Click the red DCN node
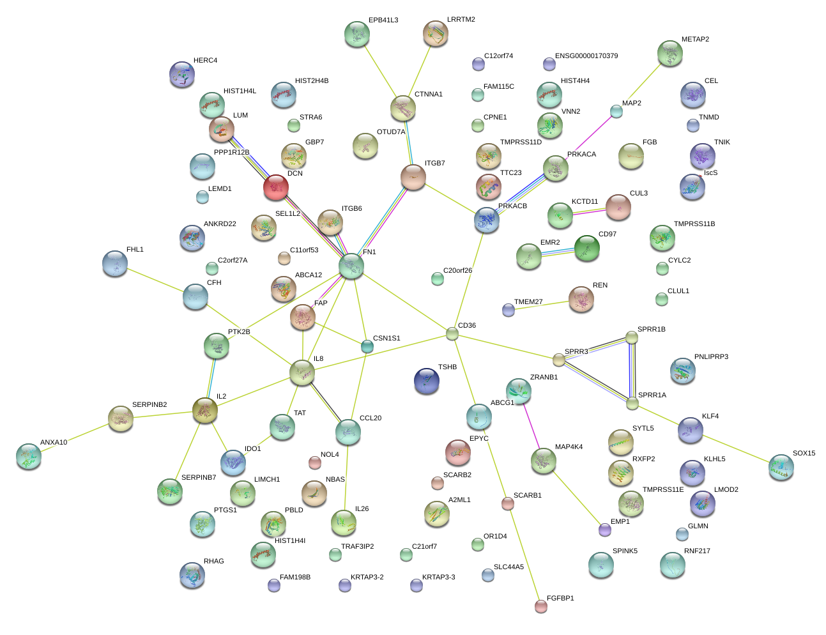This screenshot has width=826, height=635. (276, 187)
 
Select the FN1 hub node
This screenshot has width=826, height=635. (351, 266)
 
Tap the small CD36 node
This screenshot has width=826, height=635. (452, 333)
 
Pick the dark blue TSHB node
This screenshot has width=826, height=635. (427, 381)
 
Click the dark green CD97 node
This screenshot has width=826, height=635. (586, 249)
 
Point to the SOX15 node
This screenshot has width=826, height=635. (781, 467)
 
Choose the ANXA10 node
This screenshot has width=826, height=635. (29, 455)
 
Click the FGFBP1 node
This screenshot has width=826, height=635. (541, 606)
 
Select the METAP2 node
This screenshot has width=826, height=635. (669, 54)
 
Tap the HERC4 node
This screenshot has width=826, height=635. (183, 75)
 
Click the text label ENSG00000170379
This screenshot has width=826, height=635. (586, 56)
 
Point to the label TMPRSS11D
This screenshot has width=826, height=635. (521, 142)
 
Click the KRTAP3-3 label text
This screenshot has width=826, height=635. (438, 578)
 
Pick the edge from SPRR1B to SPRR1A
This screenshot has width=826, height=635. (632, 371)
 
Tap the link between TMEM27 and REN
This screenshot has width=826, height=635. (543, 304)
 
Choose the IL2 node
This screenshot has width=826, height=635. (204, 410)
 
